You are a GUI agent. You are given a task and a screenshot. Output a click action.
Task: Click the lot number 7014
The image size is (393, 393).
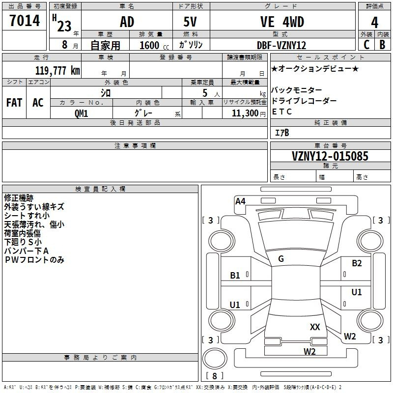[x=25, y=22]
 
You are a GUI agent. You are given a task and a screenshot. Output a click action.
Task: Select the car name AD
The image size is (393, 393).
[x=127, y=22]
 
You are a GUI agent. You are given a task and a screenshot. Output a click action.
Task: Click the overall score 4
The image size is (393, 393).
[x=375, y=22]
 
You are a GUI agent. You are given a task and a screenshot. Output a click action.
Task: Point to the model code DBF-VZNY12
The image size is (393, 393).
[x=281, y=45]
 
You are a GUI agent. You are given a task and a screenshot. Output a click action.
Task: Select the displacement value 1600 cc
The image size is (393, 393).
[x=151, y=45]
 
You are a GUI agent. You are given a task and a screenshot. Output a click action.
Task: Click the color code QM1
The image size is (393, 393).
[x=81, y=113]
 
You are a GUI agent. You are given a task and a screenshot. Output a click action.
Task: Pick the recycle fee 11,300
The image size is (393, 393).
[x=245, y=113]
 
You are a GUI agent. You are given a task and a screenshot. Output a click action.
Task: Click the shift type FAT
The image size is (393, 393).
[x=14, y=103]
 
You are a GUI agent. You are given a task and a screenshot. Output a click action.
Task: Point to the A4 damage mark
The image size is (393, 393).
[x=240, y=200]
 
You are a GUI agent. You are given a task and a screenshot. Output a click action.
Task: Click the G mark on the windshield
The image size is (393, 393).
[x=281, y=259]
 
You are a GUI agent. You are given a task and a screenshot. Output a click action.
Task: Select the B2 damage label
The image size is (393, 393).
[x=357, y=263]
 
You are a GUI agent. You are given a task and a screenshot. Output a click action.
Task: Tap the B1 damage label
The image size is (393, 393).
[x=235, y=275]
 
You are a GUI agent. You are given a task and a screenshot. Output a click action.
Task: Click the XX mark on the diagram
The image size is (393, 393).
[x=315, y=327]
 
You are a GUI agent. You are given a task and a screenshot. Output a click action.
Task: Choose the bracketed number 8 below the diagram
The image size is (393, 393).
[x=214, y=376]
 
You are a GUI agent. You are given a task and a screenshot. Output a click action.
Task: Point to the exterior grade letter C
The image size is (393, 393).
[x=366, y=45]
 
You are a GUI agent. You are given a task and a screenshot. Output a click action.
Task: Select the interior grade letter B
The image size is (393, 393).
[x=383, y=45]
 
